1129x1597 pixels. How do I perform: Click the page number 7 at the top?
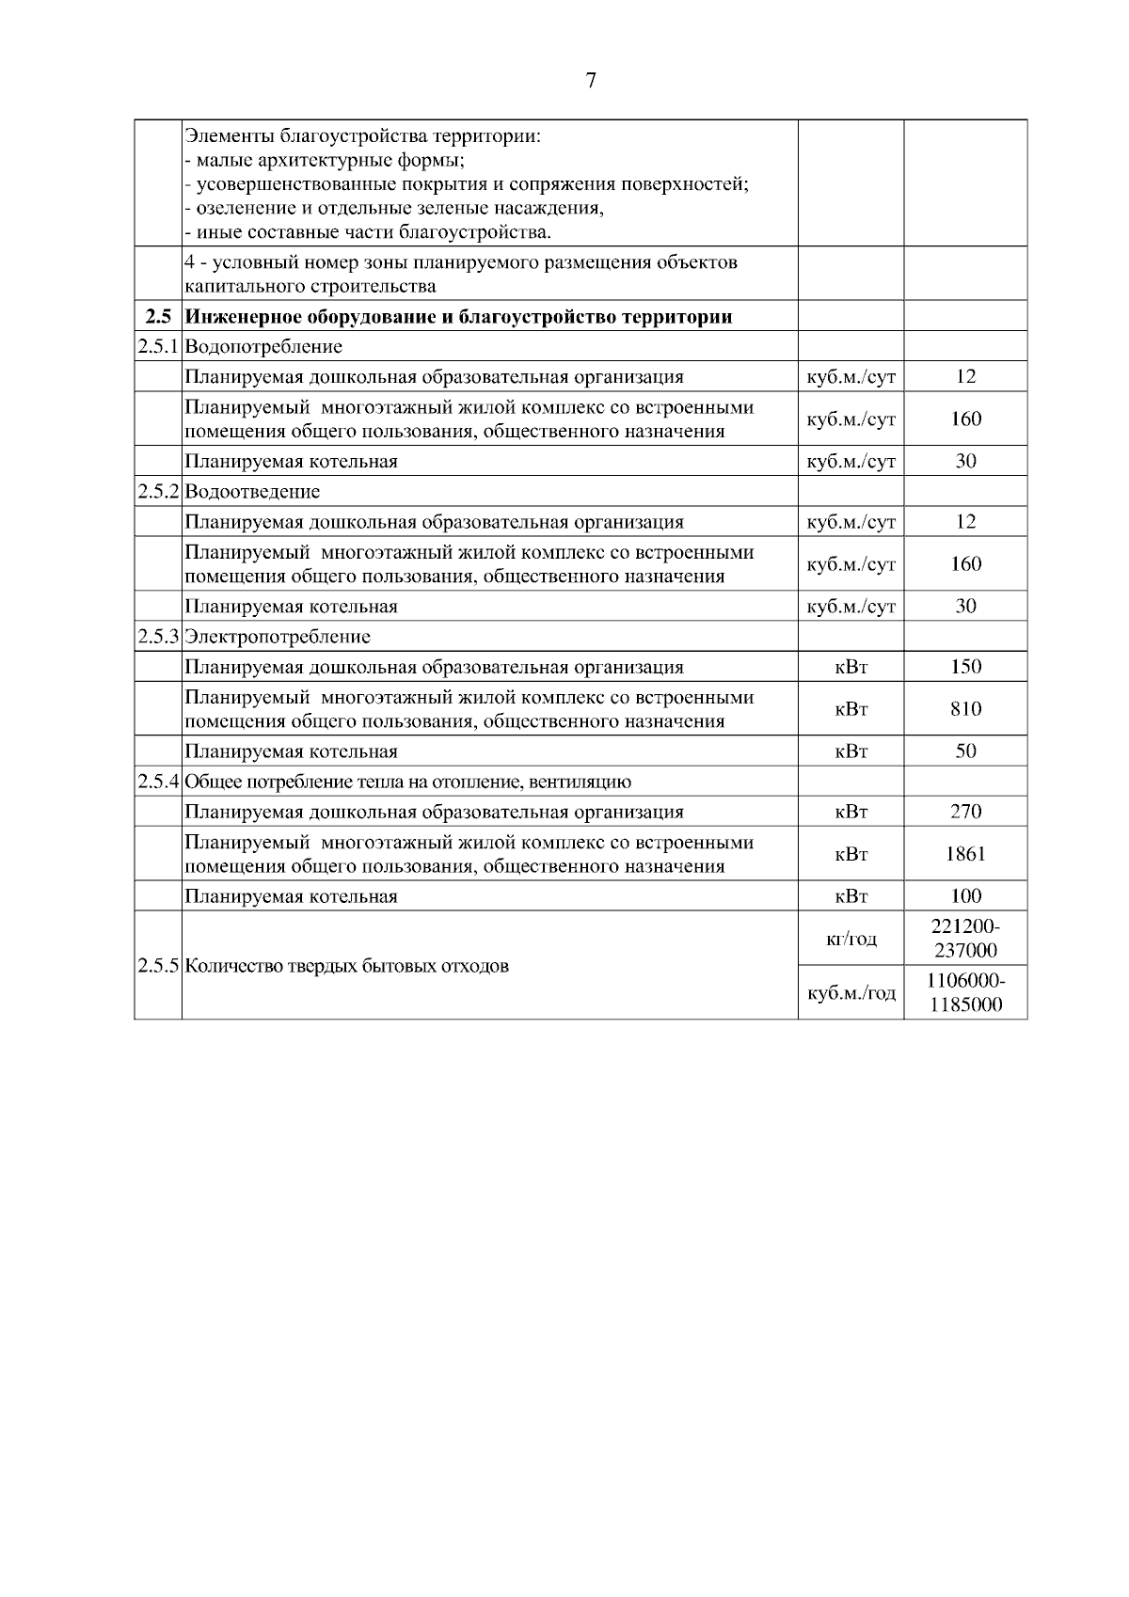[591, 81]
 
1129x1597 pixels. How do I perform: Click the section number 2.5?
[158, 317]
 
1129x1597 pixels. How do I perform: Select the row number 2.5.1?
[158, 347]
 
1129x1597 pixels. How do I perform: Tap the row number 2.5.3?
[158, 637]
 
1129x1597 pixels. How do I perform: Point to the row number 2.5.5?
[158, 966]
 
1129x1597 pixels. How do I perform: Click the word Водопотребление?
[263, 347]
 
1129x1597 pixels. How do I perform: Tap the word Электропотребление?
[278, 637]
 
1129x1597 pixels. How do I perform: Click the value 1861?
[965, 854]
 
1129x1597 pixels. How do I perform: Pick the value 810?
[965, 709]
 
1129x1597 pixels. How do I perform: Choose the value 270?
[965, 812]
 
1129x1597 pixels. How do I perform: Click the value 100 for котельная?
[965, 896]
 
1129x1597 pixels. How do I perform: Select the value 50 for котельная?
[965, 751]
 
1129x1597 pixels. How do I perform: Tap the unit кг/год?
[851, 939]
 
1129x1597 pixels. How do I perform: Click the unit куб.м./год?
[851, 992]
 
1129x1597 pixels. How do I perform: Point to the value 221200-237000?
[965, 939]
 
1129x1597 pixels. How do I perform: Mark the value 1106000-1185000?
[965, 992]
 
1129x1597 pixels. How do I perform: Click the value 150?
[965, 667]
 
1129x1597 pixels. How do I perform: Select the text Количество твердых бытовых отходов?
[346, 966]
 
